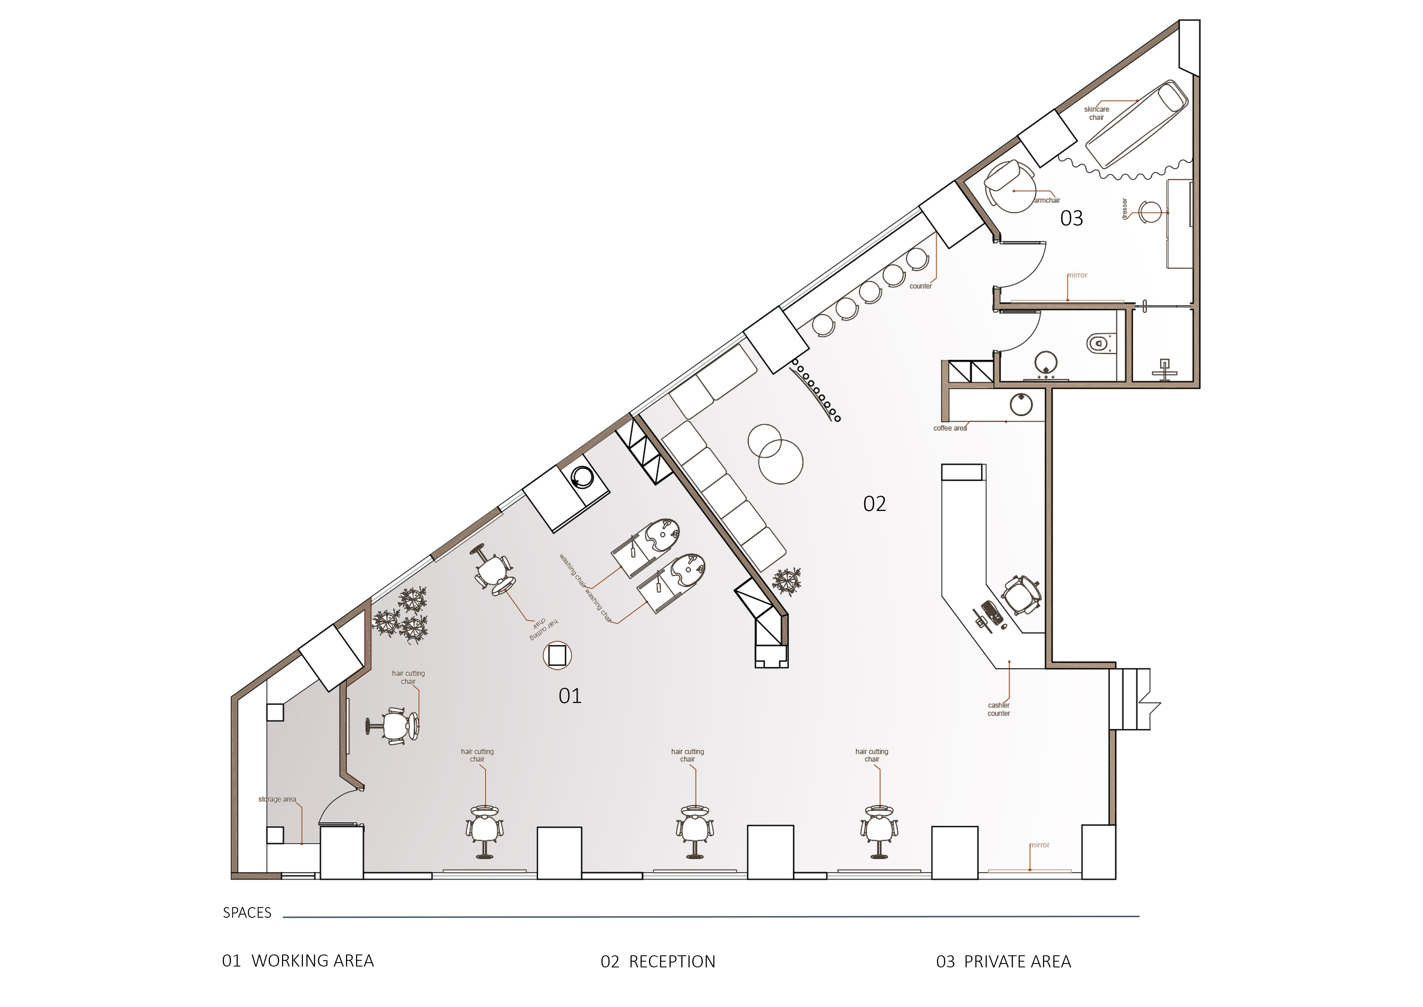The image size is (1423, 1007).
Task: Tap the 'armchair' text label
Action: pyautogui.click(x=1047, y=200)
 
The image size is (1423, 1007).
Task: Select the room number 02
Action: pyautogui.click(x=875, y=503)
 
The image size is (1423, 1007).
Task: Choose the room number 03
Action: pyautogui.click(x=1072, y=218)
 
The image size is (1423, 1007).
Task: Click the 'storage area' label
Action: pyautogui.click(x=277, y=799)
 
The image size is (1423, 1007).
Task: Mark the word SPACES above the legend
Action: pyautogui.click(x=247, y=913)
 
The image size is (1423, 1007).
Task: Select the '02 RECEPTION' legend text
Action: pyautogui.click(x=658, y=962)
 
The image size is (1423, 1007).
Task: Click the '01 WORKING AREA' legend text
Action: pyautogui.click(x=298, y=961)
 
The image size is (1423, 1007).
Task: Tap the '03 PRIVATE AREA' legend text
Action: pyautogui.click(x=1003, y=962)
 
